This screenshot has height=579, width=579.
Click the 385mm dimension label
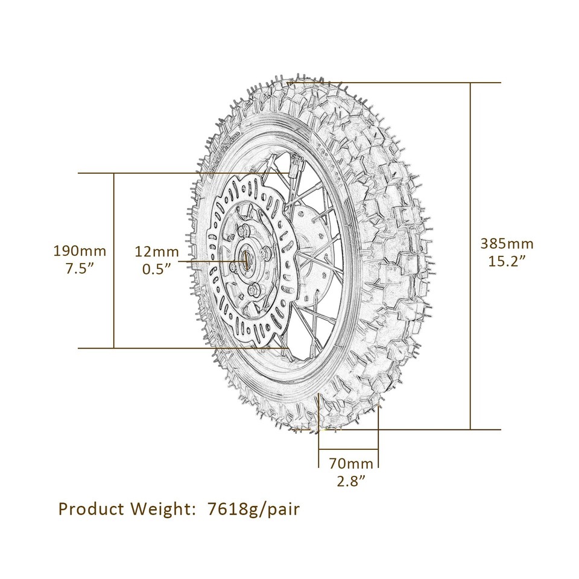[x=507, y=244]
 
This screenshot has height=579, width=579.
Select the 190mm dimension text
[x=80, y=250]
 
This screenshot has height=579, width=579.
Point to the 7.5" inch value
[x=80, y=268]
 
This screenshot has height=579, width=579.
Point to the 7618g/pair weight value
[x=253, y=510]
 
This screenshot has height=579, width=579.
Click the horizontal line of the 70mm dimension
[x=348, y=449]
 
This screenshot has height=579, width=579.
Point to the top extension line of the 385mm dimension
[x=422, y=82]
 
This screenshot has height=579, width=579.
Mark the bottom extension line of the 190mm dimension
[x=181, y=348]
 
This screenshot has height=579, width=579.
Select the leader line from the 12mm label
[x=211, y=261]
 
